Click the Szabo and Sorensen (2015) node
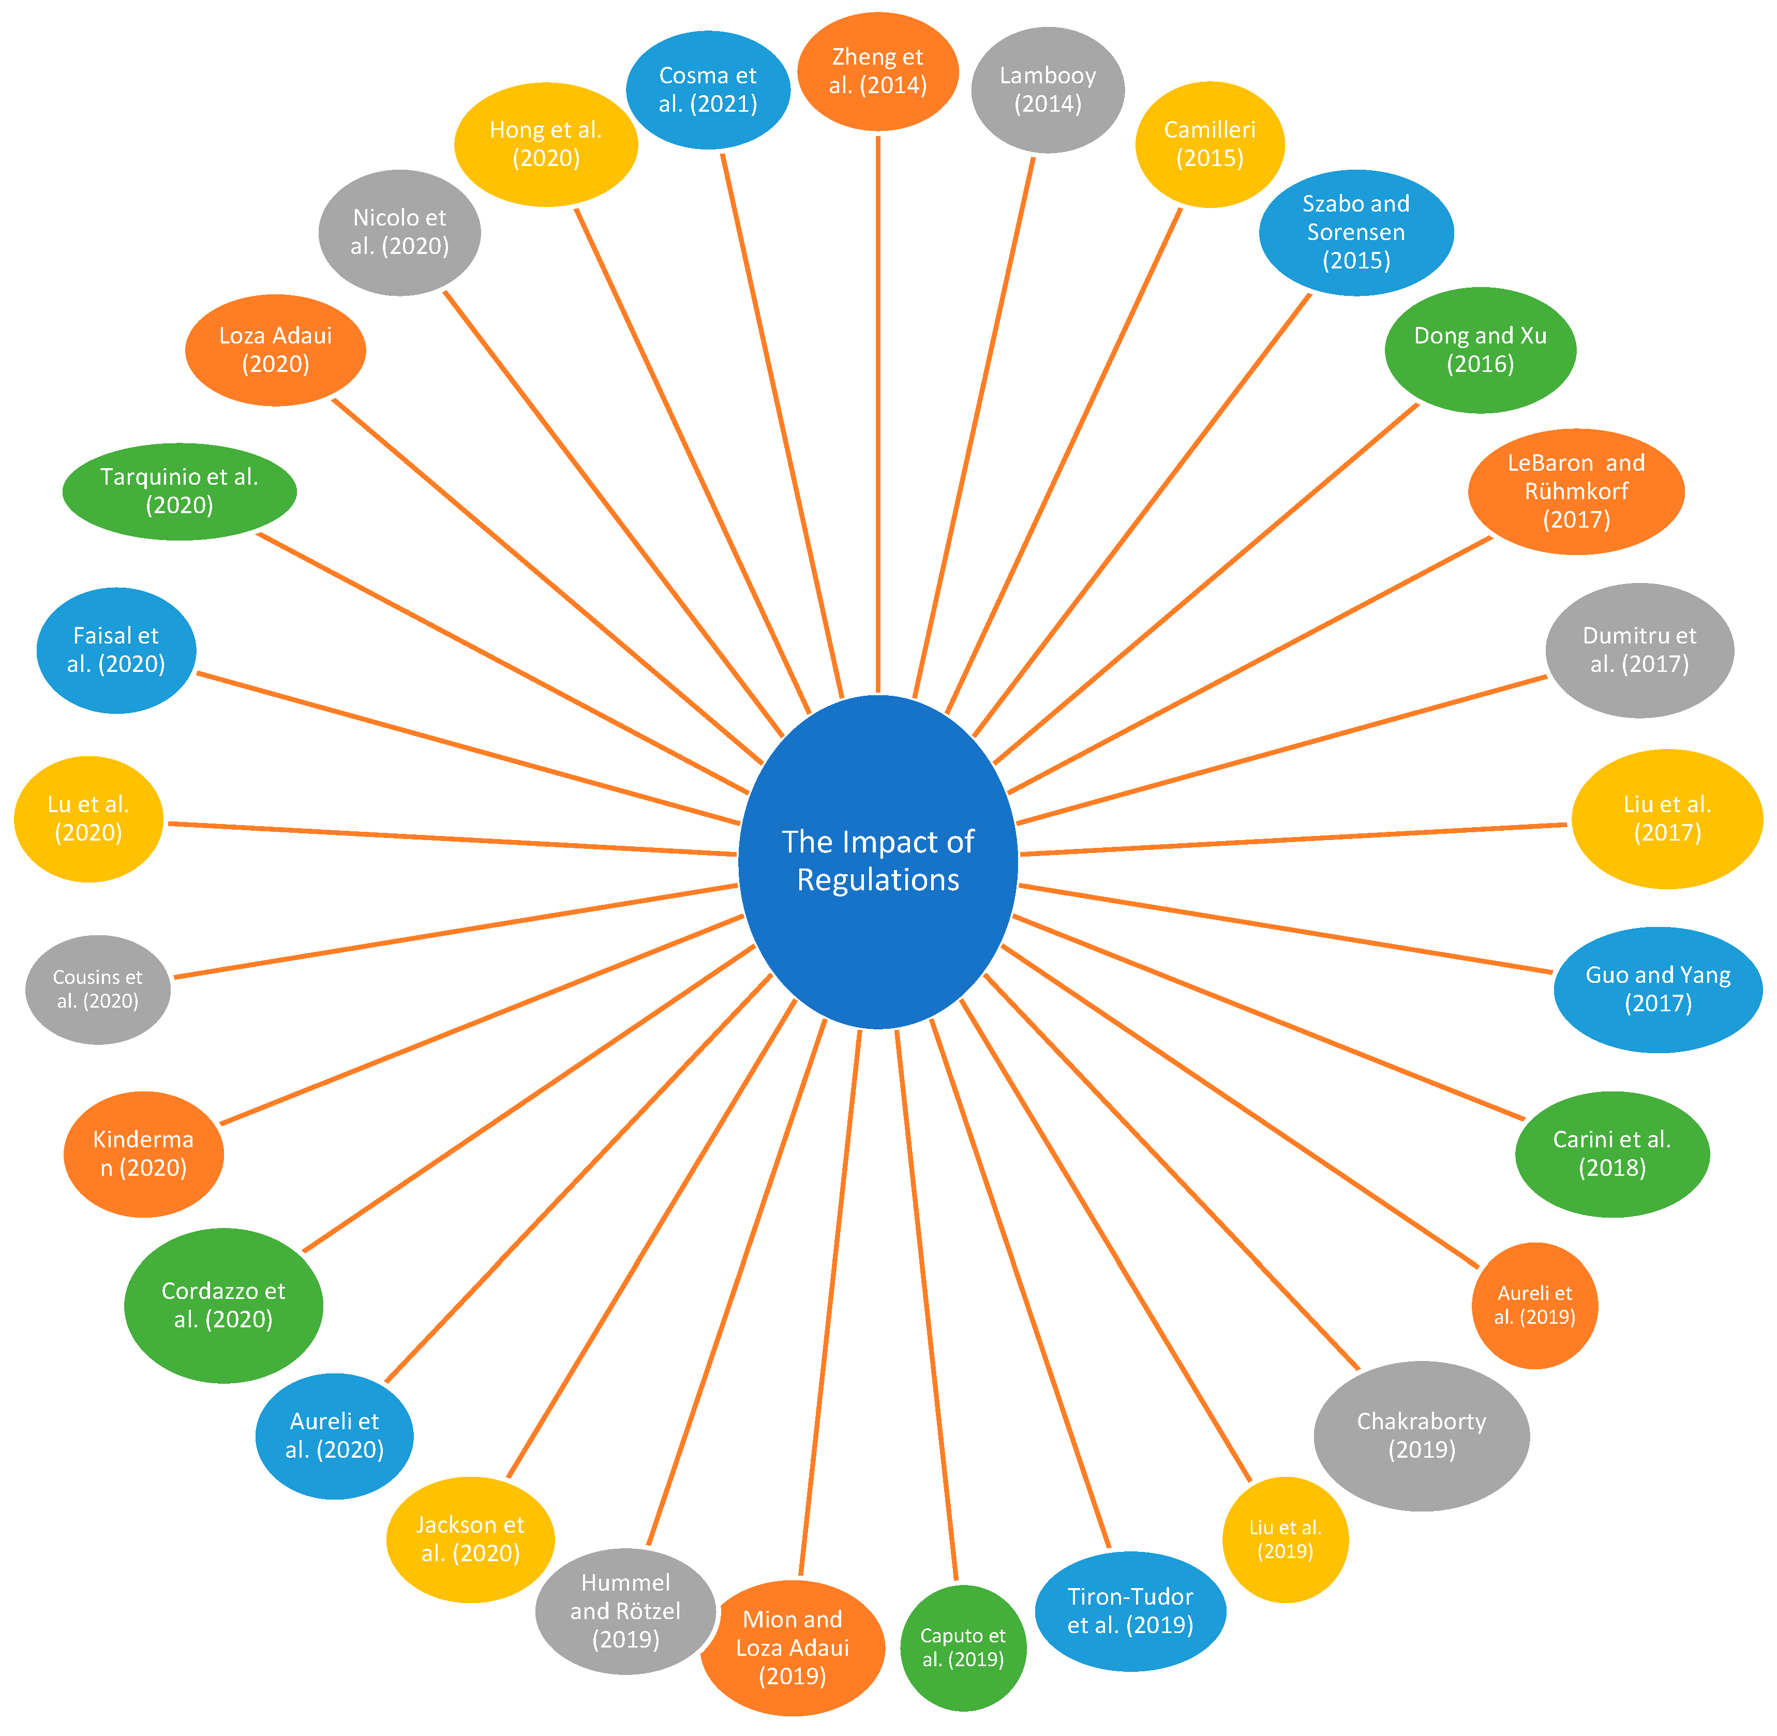pyautogui.click(x=1356, y=232)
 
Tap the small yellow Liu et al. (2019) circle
pyautogui.click(x=1284, y=1539)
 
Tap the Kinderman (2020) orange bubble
pyautogui.click(x=143, y=1154)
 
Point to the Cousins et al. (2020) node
pyautogui.click(x=98, y=989)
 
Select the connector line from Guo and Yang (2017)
pyautogui.click(x=1286, y=928)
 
